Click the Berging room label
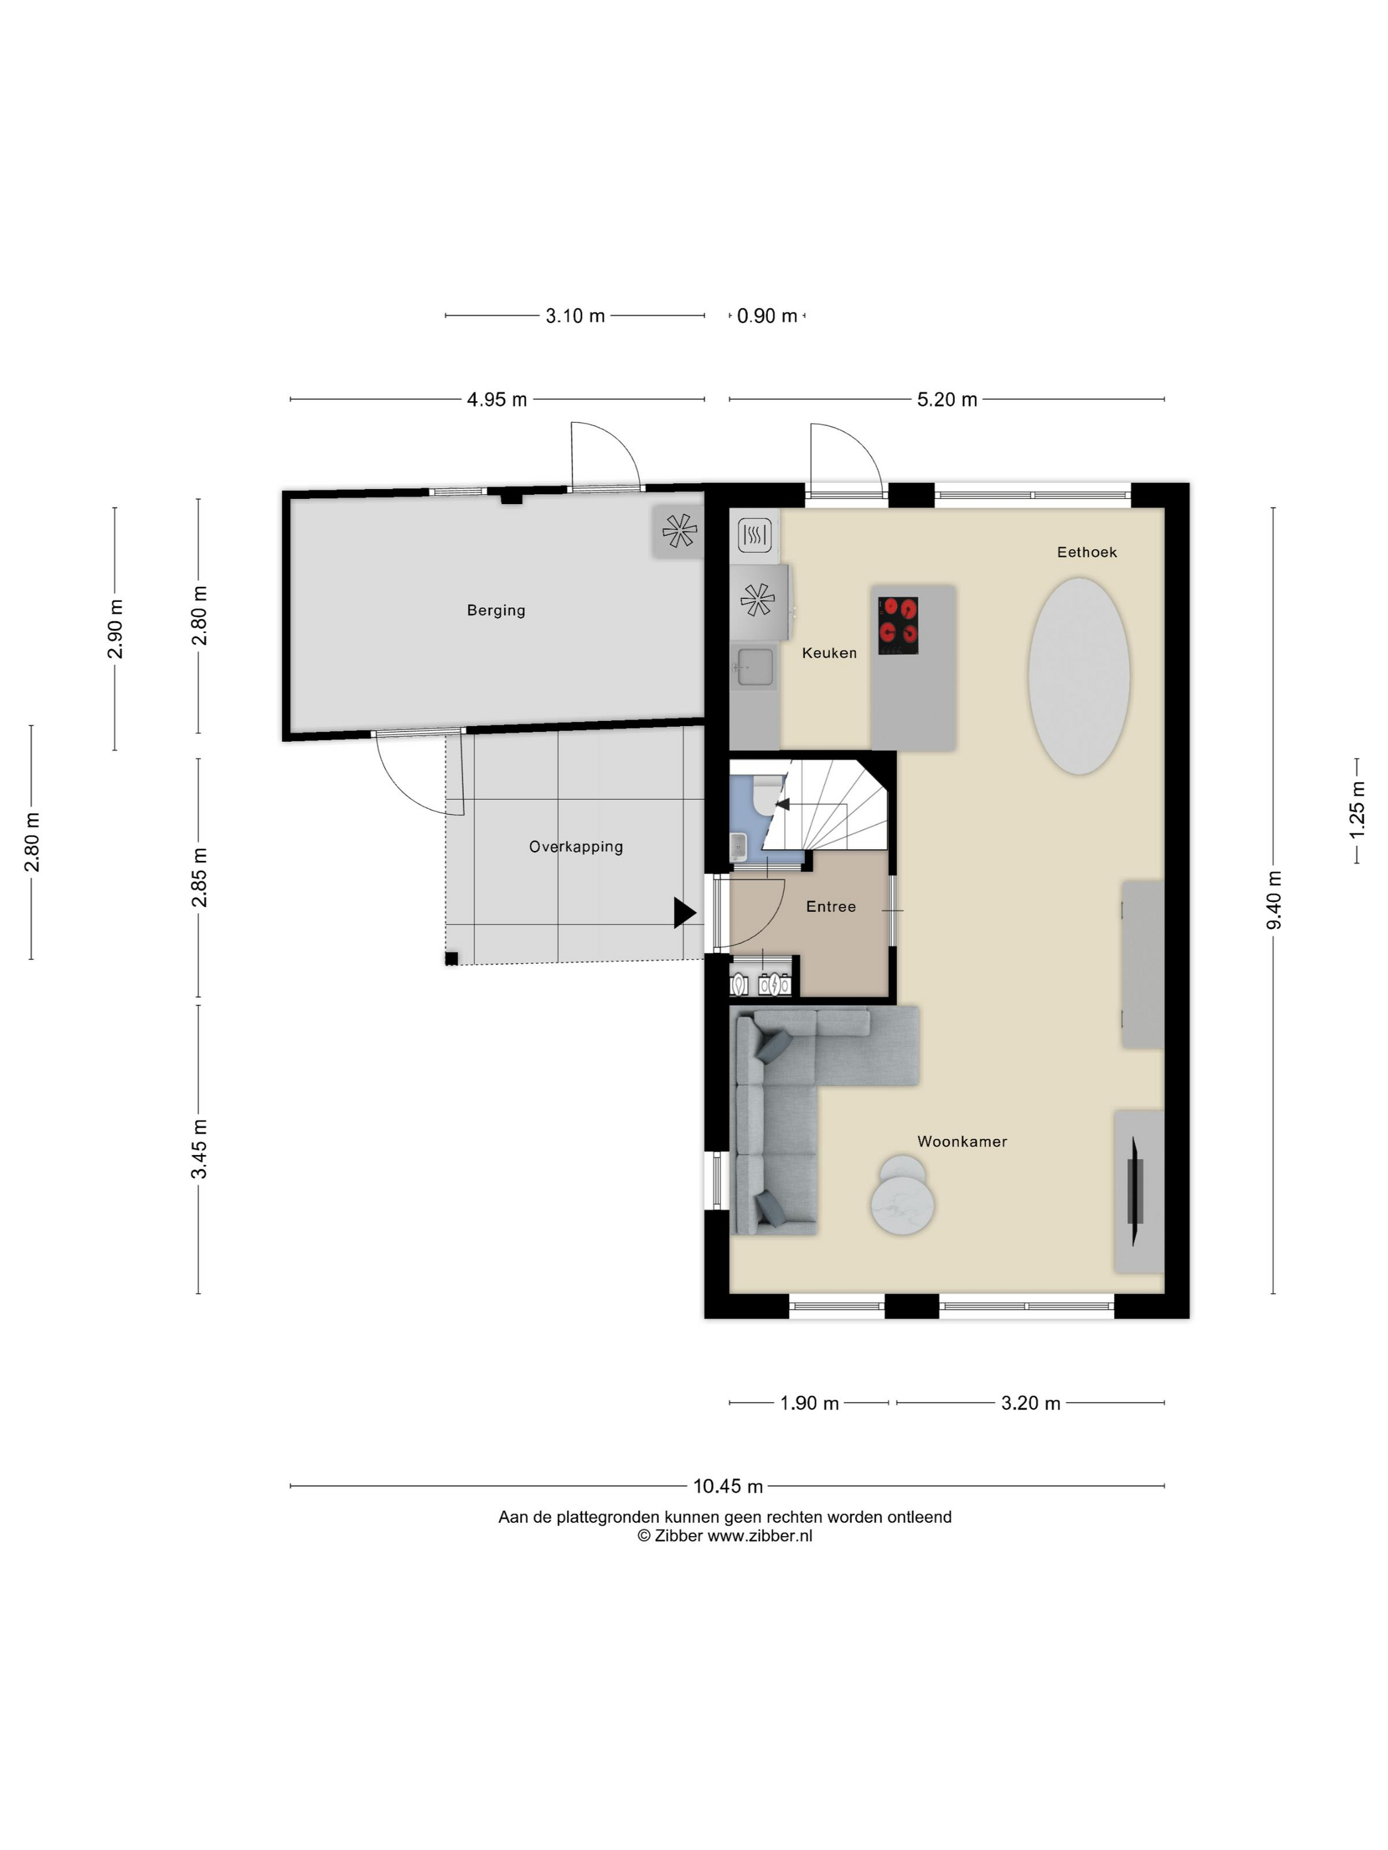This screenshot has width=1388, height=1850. coord(496,610)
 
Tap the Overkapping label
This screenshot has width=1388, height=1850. coord(576,846)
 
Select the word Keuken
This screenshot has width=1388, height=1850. coord(829,653)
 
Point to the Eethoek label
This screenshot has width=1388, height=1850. coord(1087,552)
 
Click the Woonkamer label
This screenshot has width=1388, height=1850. coord(962,1142)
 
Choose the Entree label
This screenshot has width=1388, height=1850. coord(831,906)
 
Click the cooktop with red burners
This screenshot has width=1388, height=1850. coord(898,626)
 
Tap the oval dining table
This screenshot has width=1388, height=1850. coord(1079,676)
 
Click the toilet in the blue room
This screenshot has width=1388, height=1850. coord(765,795)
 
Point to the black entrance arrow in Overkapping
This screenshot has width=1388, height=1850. coord(684,912)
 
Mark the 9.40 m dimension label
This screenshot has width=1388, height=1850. coord(1274,900)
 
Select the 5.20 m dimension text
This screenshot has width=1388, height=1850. coord(947,400)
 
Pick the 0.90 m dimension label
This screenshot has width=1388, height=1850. coord(767,316)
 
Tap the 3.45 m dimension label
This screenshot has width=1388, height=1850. coord(199,1149)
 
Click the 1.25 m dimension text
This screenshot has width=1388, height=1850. coord(1357,811)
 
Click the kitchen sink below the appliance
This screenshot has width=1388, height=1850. coord(755,667)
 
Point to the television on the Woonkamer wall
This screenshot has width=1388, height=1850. coord(1136,1191)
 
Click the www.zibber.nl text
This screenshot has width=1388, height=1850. coord(759,1535)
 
